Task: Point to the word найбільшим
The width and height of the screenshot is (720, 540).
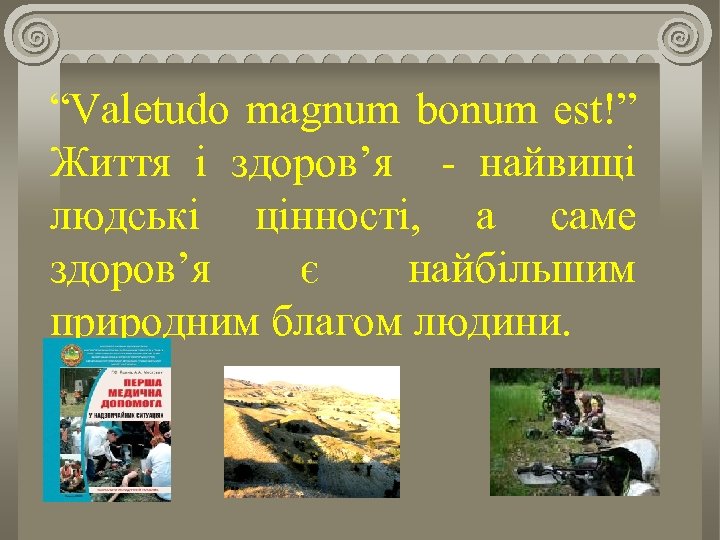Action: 521,270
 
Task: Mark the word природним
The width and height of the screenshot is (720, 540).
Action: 154,324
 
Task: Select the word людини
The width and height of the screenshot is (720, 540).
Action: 490,322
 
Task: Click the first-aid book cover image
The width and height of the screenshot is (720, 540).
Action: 107,420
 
